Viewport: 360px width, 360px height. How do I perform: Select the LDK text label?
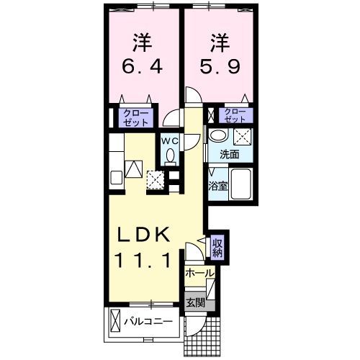coord(144,235)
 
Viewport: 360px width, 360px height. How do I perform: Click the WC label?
coord(169,141)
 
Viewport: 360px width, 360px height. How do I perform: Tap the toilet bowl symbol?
coord(171,155)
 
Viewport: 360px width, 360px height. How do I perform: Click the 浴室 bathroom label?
coord(217,185)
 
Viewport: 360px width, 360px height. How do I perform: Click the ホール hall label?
coord(199,274)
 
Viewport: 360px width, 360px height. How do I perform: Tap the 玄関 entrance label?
coord(194,303)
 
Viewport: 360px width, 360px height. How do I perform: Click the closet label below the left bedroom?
coord(134,118)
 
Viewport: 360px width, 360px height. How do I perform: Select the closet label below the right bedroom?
coord(235,115)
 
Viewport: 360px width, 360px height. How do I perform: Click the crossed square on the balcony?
coord(115,321)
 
